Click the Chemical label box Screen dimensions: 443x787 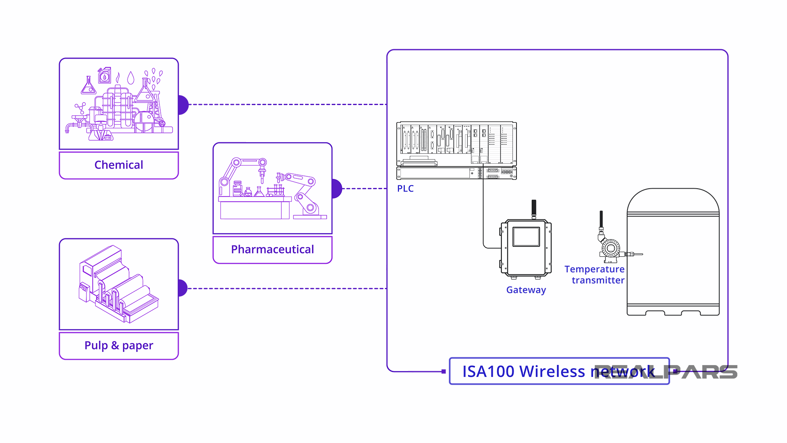coord(119,165)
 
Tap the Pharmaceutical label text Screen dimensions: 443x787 coord(272,249)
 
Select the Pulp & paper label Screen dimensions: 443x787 coord(119,345)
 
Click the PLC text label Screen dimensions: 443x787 coord(405,189)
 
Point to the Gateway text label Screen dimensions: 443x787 coord(526,290)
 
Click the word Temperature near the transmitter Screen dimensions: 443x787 coord(594,269)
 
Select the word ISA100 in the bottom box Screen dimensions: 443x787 coord(488,372)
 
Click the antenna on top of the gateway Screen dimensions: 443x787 coord(534,209)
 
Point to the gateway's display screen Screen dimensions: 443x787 coord(526,237)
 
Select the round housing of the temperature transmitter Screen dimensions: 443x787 coord(611,248)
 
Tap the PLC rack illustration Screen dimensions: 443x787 coord(456,150)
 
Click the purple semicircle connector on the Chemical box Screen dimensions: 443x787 coord(183,105)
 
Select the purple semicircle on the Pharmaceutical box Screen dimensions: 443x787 coord(337,189)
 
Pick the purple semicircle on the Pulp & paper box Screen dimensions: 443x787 coord(183,288)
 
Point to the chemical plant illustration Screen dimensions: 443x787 coord(119,105)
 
